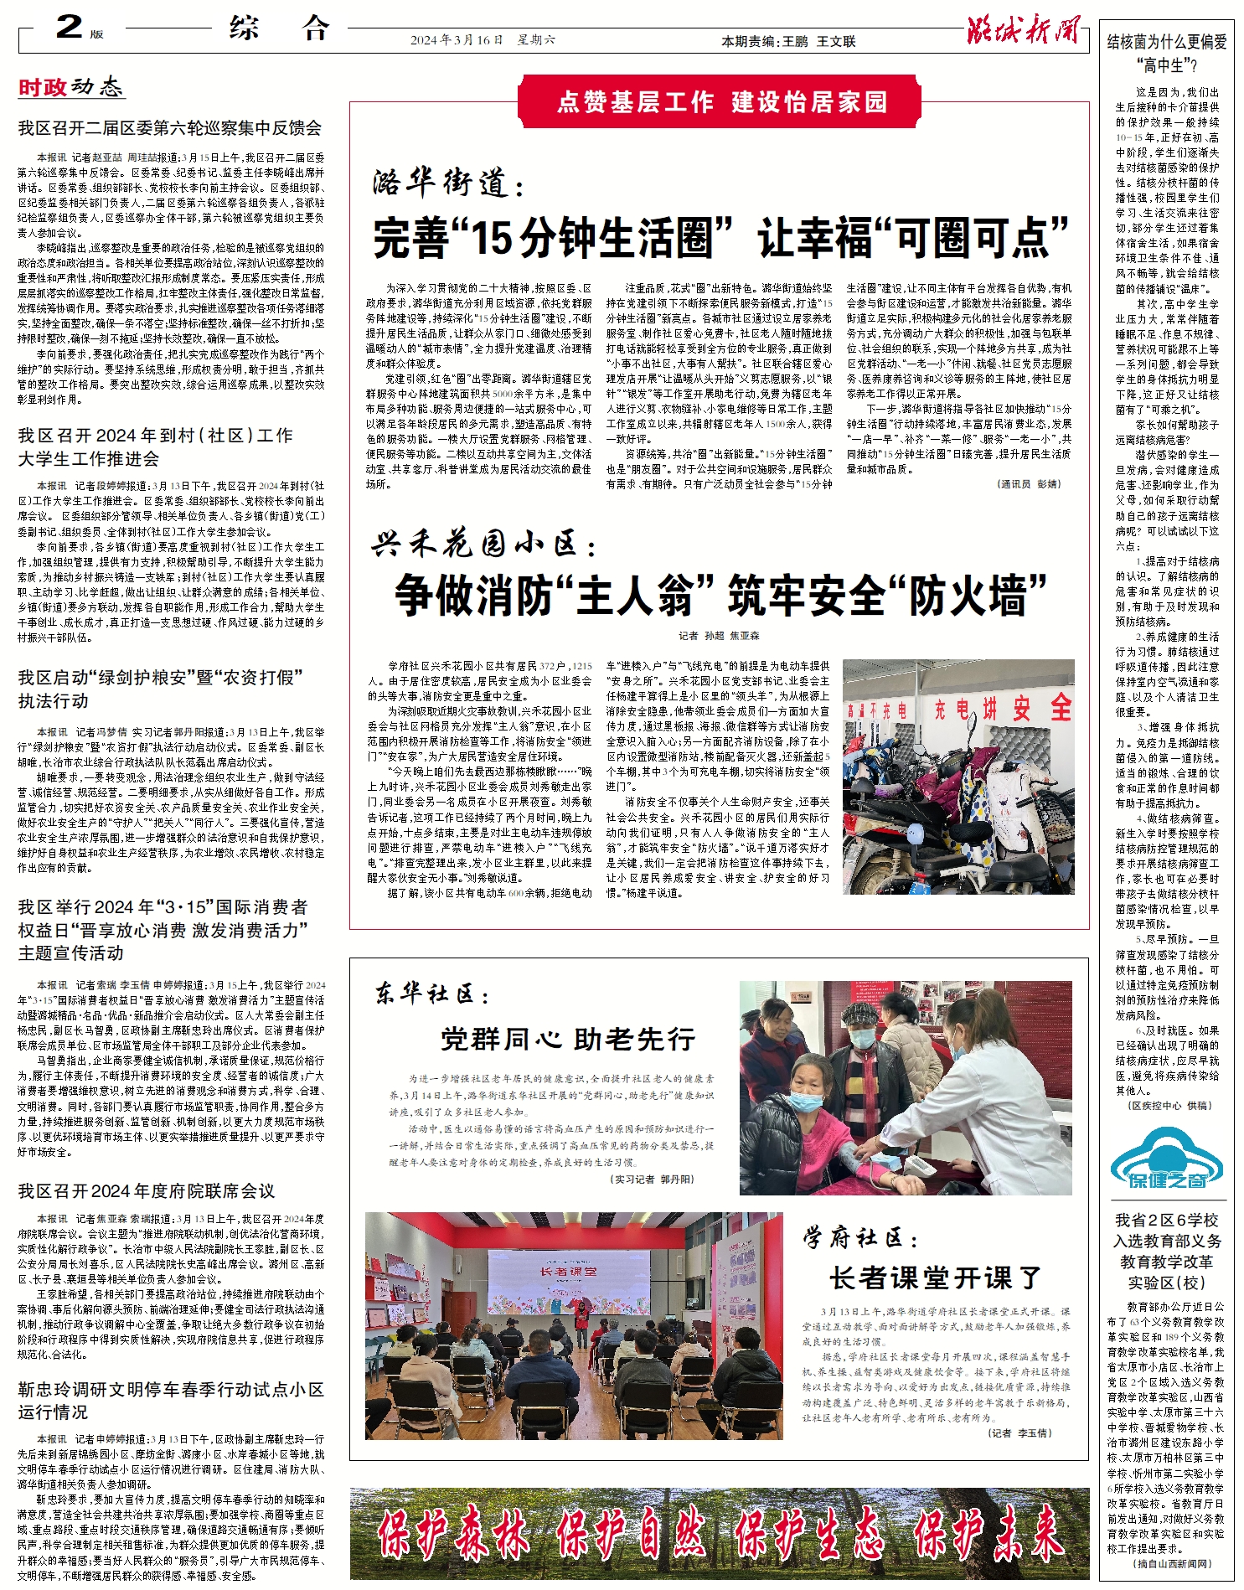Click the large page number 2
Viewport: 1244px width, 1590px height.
pyautogui.click(x=69, y=27)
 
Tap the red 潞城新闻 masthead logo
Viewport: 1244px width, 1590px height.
pyautogui.click(x=1023, y=30)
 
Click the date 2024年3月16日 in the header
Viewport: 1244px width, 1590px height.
pyautogui.click(x=457, y=40)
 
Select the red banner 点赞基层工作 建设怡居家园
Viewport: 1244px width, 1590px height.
pyautogui.click(x=721, y=101)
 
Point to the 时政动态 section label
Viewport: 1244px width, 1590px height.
pyautogui.click(x=70, y=87)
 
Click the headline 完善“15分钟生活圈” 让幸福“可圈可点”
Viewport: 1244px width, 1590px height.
pyautogui.click(x=720, y=238)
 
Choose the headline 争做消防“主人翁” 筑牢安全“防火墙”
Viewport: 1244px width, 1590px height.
pyautogui.click(x=720, y=595)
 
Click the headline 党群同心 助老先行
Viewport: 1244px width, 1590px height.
pyautogui.click(x=568, y=1040)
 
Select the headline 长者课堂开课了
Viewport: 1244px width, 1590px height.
pyautogui.click(x=935, y=1278)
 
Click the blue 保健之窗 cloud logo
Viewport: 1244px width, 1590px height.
pyautogui.click(x=1166, y=1159)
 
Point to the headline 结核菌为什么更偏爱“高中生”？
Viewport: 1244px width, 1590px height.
pyautogui.click(x=1166, y=53)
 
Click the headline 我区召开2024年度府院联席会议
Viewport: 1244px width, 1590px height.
pyautogui.click(x=147, y=1190)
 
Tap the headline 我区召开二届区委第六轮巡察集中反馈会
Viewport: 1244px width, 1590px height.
pyautogui.click(x=170, y=128)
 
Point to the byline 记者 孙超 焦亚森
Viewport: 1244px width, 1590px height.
pyautogui.click(x=720, y=636)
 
